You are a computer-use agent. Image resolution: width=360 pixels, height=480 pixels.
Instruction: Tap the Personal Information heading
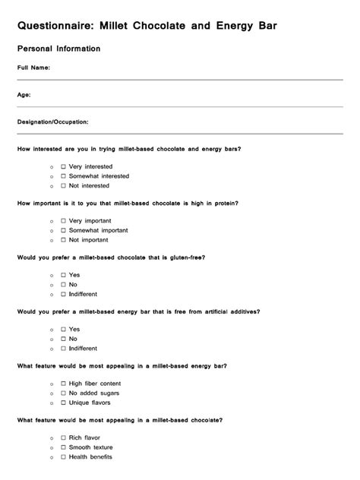[58, 49]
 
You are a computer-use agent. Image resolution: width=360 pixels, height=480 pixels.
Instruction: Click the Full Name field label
[34, 68]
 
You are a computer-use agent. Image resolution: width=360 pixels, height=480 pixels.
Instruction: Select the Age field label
[24, 95]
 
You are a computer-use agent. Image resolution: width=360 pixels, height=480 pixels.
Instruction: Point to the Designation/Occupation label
[53, 122]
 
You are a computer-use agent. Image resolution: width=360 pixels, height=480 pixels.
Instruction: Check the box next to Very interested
[63, 166]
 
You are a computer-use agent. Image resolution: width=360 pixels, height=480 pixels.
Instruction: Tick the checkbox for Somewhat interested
[63, 176]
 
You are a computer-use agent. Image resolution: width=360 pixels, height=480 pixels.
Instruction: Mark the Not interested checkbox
[63, 186]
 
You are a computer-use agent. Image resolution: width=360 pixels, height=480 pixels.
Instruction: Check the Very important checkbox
[63, 220]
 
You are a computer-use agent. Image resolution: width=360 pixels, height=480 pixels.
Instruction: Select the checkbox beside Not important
[63, 240]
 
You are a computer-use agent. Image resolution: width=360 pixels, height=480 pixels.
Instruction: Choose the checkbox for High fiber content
[63, 384]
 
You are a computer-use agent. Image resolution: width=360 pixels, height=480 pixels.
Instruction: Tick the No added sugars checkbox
[63, 393]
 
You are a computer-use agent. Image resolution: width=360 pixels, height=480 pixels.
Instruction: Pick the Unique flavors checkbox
[63, 403]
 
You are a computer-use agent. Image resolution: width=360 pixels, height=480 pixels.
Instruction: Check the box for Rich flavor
[63, 437]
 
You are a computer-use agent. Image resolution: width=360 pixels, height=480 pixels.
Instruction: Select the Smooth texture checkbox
[63, 447]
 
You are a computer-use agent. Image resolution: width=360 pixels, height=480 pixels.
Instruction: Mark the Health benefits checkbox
[63, 457]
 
